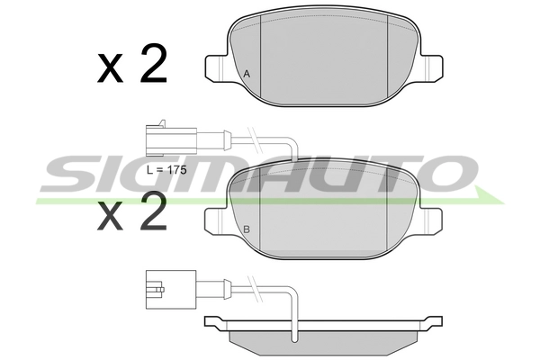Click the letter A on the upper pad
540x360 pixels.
[x=246, y=74]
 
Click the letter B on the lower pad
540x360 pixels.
[x=246, y=230]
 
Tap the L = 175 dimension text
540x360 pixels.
[x=166, y=168]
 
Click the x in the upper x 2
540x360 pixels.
[x=111, y=70]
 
